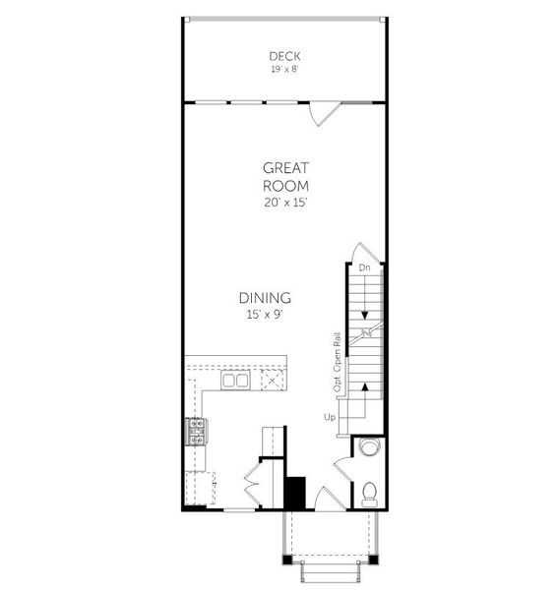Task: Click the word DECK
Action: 285,56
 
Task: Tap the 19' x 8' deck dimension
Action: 285,69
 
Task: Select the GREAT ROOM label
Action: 285,176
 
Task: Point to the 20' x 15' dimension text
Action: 285,203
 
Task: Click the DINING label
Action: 265,298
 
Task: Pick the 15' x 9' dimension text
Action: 265,315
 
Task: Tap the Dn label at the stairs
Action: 364,267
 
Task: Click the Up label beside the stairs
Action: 330,418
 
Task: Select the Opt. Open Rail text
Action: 337,363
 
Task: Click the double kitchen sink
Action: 235,381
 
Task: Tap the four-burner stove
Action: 196,431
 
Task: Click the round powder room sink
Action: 369,449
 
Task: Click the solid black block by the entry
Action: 295,492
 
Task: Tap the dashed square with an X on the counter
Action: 272,380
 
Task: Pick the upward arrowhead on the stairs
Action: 365,387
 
